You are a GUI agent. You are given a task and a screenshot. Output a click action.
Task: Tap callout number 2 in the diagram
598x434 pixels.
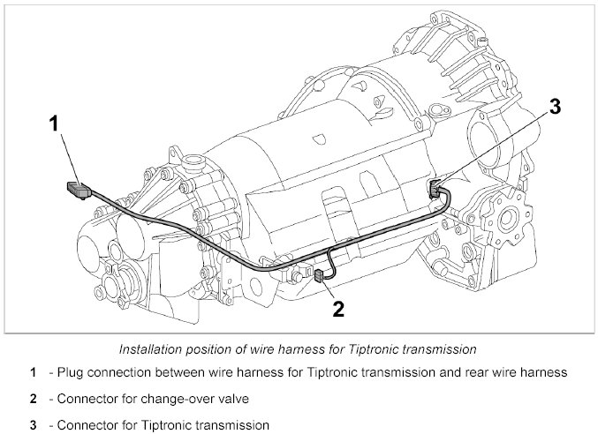pyautogui.click(x=337, y=308)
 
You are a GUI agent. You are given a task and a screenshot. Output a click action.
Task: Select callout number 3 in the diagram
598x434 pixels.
pyautogui.click(x=555, y=107)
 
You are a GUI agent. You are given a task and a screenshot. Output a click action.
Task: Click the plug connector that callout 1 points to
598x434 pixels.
pyautogui.click(x=80, y=189)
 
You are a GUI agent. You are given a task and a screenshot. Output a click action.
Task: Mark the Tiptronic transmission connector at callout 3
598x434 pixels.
pyautogui.click(x=437, y=188)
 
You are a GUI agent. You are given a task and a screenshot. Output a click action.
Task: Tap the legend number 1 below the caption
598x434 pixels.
pyautogui.click(x=32, y=373)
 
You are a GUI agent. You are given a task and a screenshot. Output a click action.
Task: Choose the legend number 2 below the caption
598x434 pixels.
pyautogui.click(x=32, y=399)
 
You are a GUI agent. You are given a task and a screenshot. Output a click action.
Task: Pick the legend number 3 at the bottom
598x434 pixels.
pyautogui.click(x=32, y=424)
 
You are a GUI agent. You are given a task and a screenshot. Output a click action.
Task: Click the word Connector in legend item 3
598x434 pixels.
pyautogui.click(x=86, y=424)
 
